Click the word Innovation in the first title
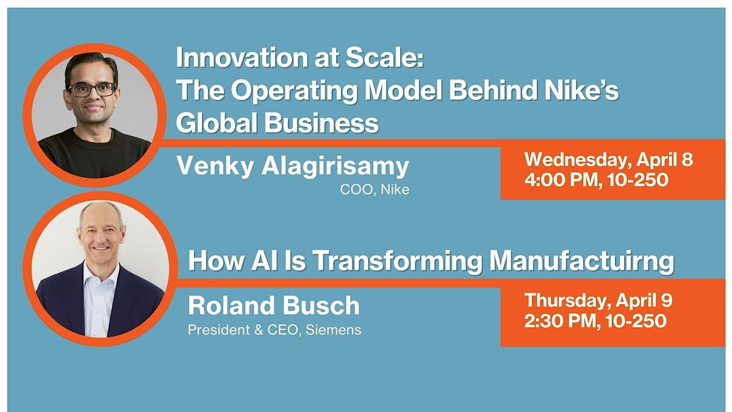242,57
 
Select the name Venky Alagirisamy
293,166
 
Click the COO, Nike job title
375,190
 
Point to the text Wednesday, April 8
609,159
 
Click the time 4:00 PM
563,180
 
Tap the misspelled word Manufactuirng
582,262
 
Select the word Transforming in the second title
397,262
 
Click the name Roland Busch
274,305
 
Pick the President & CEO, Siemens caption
274,330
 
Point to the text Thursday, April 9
598,300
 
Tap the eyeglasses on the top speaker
92,90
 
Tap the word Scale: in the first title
385,57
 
